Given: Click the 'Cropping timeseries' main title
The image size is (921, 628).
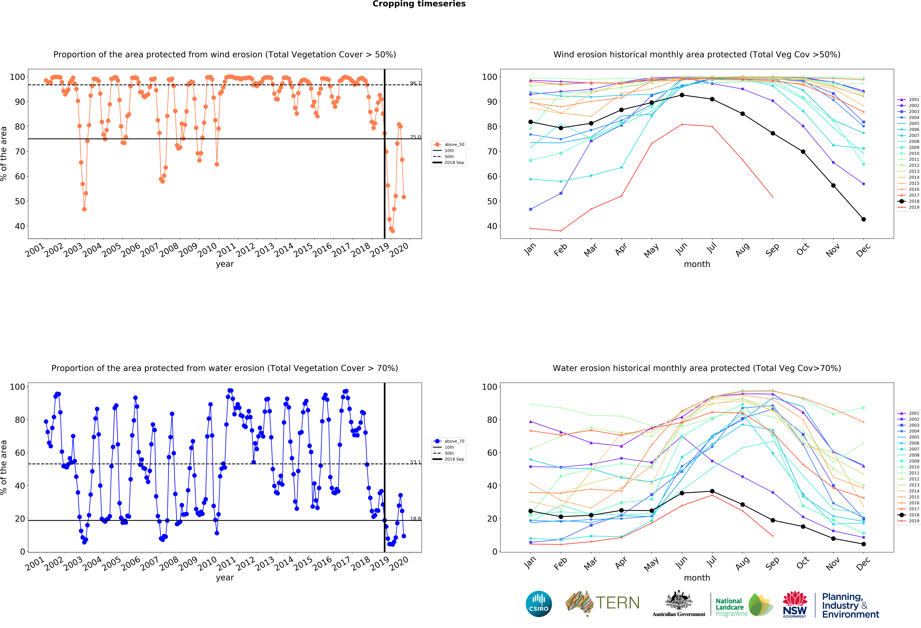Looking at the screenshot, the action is [x=419, y=4].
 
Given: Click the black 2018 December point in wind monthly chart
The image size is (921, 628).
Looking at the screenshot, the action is [x=864, y=219].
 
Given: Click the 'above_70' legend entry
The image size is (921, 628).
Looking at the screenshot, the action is [x=449, y=441].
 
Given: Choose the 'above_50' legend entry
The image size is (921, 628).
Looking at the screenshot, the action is [x=449, y=144].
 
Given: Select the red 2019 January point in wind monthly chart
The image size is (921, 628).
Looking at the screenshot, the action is [x=531, y=228].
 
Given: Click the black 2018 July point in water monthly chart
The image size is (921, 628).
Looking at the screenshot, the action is [x=712, y=491].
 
